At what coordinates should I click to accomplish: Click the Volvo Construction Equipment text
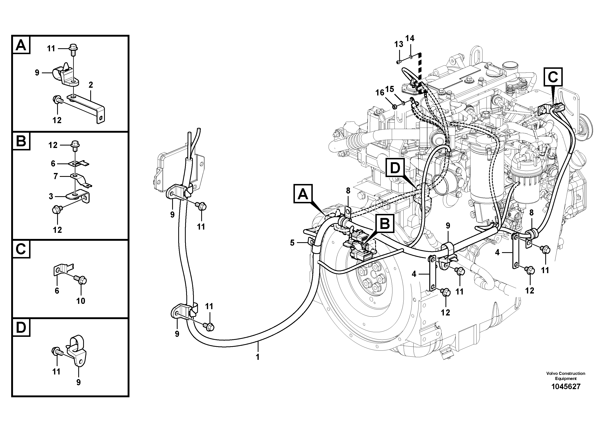[x=566, y=376]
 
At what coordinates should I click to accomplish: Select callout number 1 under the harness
[x=257, y=357]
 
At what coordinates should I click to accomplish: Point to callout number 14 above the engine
[x=410, y=38]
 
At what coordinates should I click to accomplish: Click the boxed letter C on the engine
[x=553, y=77]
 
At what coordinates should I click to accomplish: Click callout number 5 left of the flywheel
[x=292, y=243]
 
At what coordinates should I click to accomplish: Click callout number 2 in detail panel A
[x=91, y=85]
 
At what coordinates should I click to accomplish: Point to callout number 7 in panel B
[x=56, y=176]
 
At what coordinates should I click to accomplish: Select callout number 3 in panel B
[x=51, y=196]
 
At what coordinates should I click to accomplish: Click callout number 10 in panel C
[x=81, y=301]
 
